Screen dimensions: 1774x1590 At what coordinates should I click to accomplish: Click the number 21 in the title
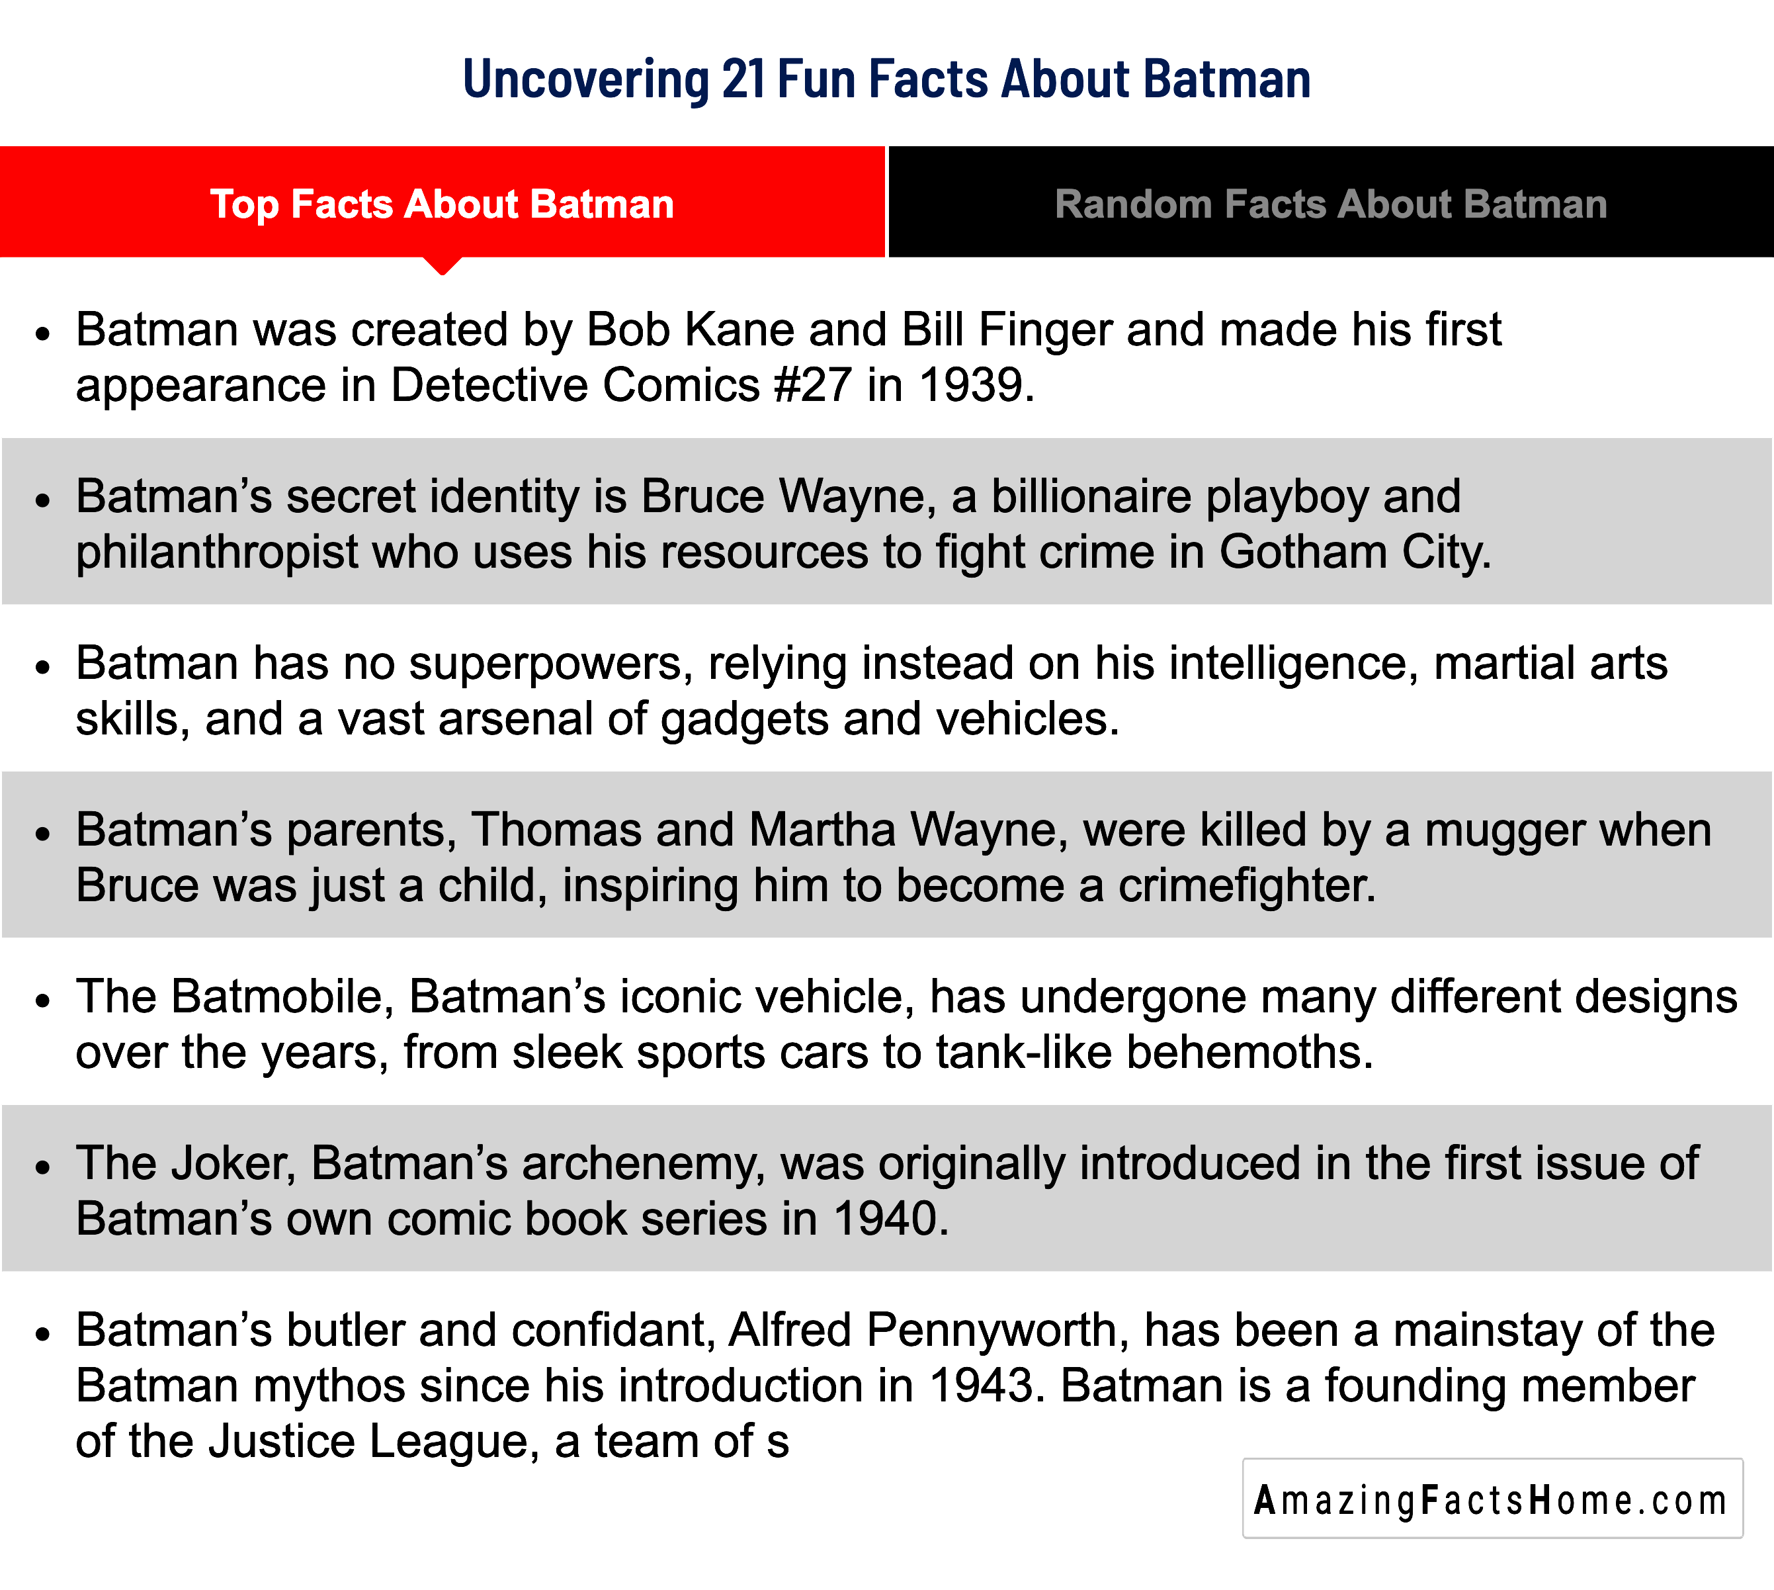tap(743, 79)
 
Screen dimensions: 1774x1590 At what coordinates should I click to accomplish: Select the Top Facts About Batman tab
tap(442, 204)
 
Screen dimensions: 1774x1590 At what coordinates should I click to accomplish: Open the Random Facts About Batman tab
tap(1331, 204)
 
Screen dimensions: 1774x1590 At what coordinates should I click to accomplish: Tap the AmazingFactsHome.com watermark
tap(1492, 1500)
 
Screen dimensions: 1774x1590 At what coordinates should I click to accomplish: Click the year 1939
tap(971, 385)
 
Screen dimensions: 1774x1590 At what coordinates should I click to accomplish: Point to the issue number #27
tap(813, 385)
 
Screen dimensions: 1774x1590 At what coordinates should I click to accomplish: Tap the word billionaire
tap(1091, 496)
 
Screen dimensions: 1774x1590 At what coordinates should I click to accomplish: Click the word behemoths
tap(1250, 1052)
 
